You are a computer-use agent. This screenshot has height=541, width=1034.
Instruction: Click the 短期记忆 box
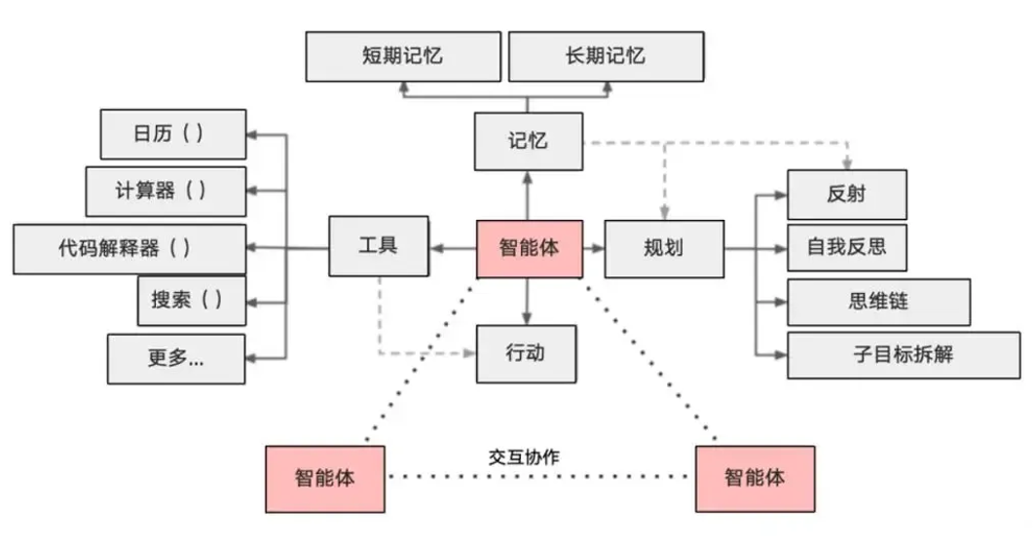[x=403, y=56]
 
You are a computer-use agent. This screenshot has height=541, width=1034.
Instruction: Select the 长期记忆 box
[x=606, y=56]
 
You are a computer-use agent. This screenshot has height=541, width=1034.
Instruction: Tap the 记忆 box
[x=528, y=141]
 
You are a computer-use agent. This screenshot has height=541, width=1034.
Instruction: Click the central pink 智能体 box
[x=529, y=248]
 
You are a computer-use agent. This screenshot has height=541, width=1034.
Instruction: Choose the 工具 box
[x=378, y=247]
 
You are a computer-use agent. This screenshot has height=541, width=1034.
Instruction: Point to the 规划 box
[x=664, y=248]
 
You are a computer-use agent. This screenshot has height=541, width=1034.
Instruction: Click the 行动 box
[x=526, y=353]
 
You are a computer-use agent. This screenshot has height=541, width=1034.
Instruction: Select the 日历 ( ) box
[x=173, y=134]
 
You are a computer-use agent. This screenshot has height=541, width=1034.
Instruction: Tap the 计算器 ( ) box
[x=166, y=191]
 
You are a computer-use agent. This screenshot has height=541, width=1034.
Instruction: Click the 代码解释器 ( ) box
[x=129, y=248]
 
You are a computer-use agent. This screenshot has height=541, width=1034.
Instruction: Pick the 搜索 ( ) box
[x=191, y=301]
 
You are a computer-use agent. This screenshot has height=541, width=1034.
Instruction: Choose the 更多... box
[x=176, y=358]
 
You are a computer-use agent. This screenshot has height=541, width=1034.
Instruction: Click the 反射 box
[x=845, y=195]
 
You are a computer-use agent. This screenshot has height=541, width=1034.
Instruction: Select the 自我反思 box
[x=845, y=246]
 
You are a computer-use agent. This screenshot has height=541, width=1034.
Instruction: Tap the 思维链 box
[x=877, y=302]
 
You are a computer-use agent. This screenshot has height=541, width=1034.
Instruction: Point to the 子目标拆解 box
[x=889, y=354]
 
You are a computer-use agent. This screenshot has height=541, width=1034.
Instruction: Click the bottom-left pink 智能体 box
[x=324, y=479]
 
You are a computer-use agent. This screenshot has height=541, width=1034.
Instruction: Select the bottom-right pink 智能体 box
[x=755, y=479]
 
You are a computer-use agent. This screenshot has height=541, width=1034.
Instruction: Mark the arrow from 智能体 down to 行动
[x=527, y=302]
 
